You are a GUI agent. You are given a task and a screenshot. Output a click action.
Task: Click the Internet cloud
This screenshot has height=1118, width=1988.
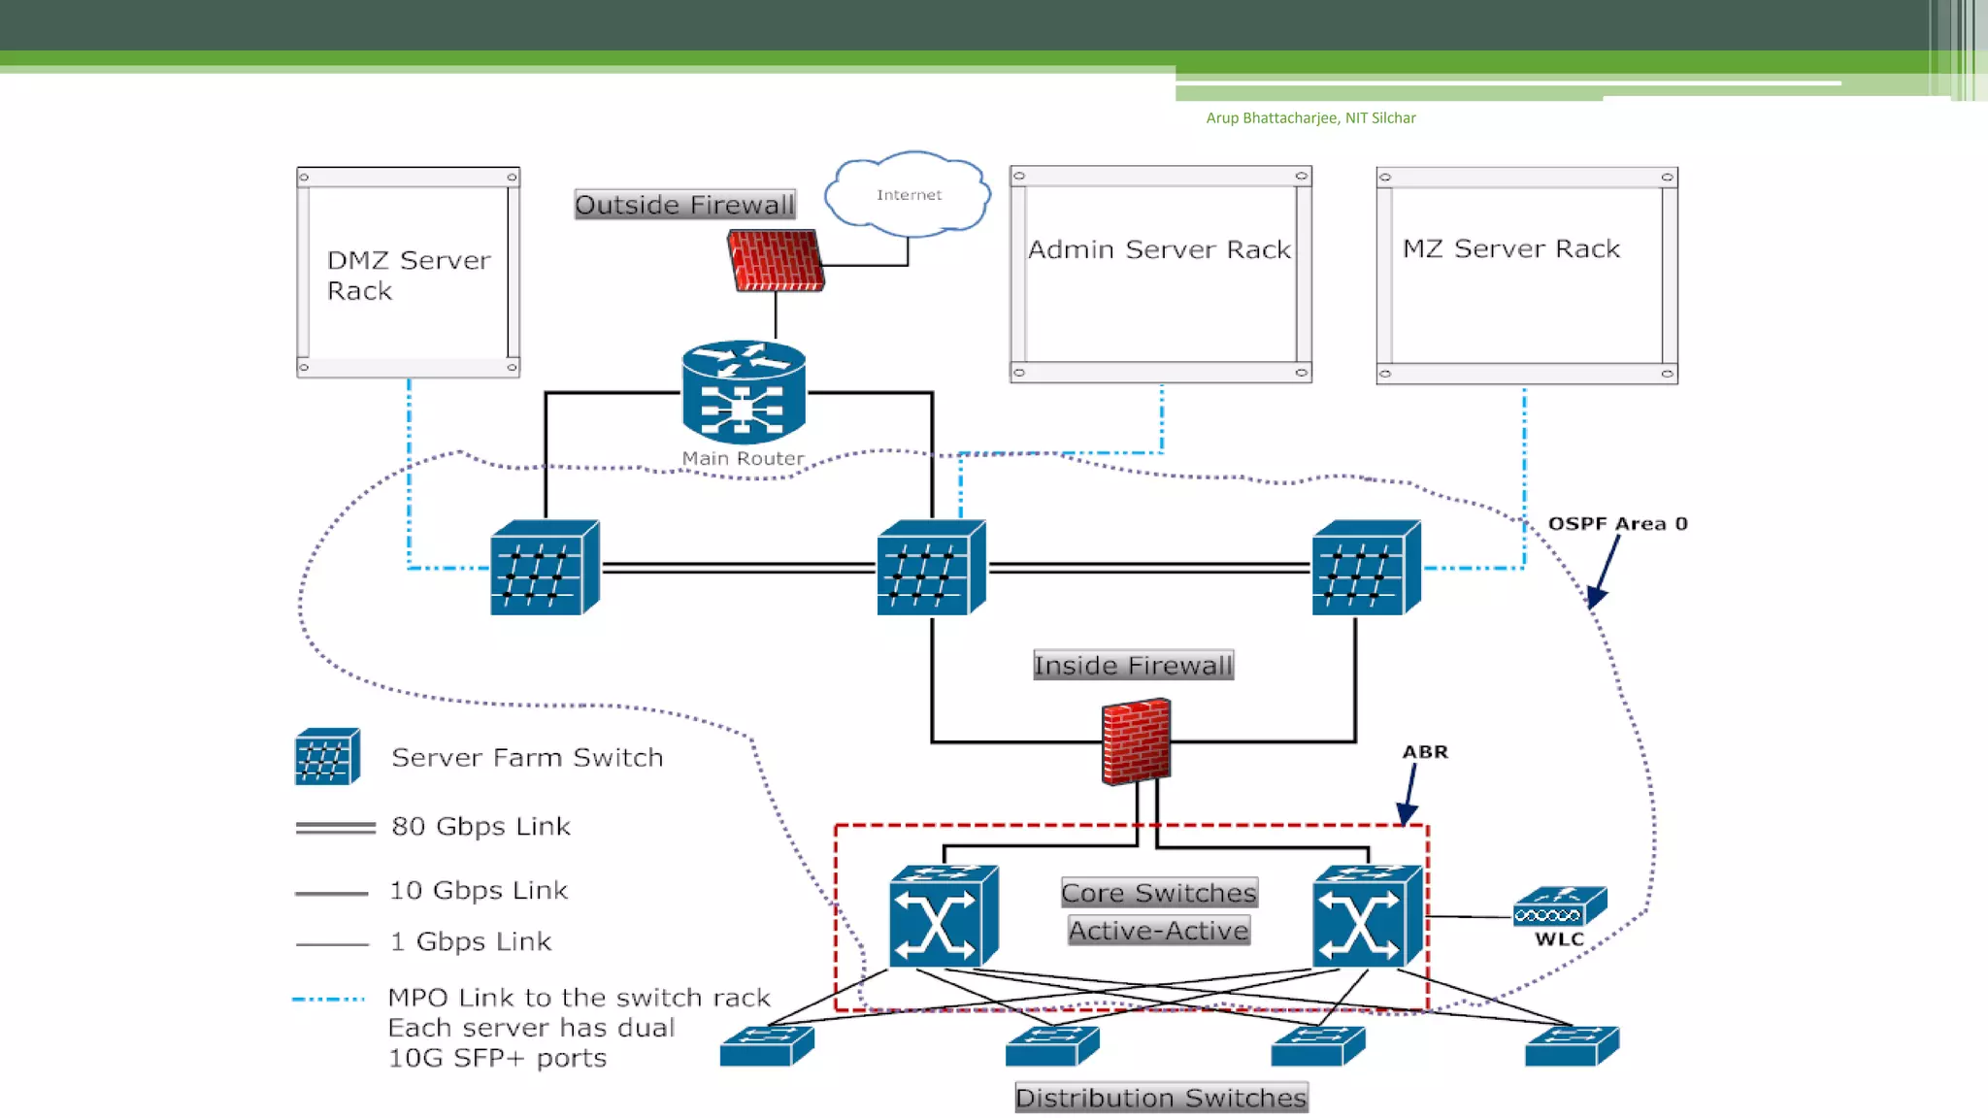click(x=908, y=194)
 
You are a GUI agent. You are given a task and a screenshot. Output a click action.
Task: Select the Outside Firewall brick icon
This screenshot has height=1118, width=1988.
click(x=776, y=260)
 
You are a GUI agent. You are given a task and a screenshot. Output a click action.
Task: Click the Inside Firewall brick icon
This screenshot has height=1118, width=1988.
click(x=1136, y=740)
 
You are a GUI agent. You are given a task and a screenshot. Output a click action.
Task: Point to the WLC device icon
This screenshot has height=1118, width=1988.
click(x=1559, y=906)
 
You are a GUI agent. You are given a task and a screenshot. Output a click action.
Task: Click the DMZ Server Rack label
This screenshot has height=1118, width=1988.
click(x=408, y=275)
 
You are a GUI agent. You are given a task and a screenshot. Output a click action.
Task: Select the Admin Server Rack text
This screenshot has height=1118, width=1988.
click(x=1159, y=249)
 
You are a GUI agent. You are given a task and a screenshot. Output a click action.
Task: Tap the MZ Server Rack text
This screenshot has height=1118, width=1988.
click(x=1510, y=248)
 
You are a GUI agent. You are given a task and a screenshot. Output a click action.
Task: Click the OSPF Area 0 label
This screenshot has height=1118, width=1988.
click(x=1617, y=523)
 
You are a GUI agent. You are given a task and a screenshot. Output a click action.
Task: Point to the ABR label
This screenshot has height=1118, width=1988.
click(x=1424, y=751)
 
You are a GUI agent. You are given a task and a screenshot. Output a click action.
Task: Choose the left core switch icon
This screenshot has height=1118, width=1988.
click(x=943, y=916)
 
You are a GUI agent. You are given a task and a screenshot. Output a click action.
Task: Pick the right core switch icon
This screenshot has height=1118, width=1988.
click(x=1367, y=916)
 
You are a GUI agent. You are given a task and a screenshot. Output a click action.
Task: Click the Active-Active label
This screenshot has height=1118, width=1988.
click(x=1158, y=930)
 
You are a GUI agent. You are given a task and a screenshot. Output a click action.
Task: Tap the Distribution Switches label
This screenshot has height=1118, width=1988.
click(x=1161, y=1098)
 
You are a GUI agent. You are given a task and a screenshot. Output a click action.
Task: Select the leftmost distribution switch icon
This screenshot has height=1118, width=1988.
click(x=767, y=1045)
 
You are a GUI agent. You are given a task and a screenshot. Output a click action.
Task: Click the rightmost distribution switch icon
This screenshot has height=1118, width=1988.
click(x=1572, y=1045)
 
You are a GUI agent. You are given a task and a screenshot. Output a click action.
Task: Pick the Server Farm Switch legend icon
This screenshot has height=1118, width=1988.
click(x=327, y=756)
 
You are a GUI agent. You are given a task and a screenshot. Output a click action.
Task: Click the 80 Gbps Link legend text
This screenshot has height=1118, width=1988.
click(x=480, y=826)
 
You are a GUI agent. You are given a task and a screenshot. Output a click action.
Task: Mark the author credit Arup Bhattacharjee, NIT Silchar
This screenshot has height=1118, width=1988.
click(x=1310, y=117)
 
